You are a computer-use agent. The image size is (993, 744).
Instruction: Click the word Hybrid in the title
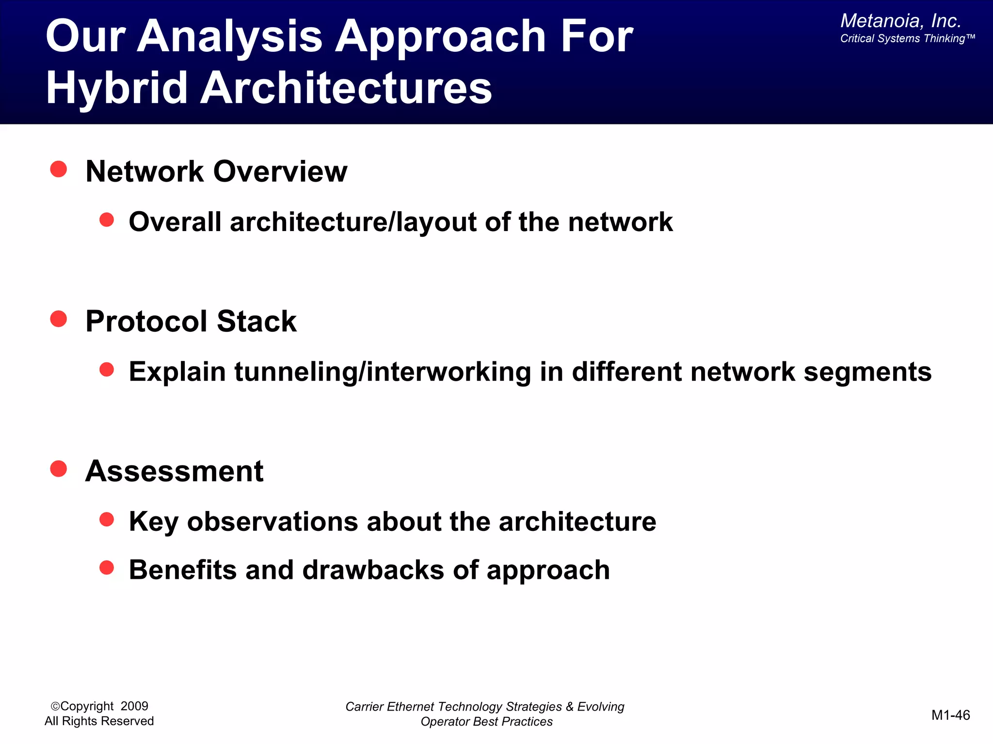[x=116, y=88]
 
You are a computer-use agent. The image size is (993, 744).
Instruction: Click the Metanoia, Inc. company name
[x=900, y=21]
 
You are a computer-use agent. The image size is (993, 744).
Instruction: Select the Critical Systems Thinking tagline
[x=907, y=39]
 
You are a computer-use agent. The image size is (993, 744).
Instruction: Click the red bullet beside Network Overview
[x=59, y=170]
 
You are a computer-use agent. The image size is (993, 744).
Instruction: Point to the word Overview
[x=280, y=171]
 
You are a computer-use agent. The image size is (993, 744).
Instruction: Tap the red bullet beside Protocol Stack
[x=59, y=319]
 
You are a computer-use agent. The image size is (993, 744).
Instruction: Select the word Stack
[x=256, y=321]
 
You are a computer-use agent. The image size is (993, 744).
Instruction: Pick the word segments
[x=867, y=372]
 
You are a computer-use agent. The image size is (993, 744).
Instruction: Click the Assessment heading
[x=174, y=471]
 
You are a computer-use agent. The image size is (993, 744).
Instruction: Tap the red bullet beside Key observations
[x=107, y=520]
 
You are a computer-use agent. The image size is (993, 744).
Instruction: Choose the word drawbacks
[x=373, y=570]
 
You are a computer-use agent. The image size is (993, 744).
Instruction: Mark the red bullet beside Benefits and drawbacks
[x=107, y=568]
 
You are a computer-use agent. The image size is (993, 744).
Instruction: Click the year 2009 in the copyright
[x=134, y=706]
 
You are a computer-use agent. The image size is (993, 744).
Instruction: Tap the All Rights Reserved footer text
[x=99, y=721]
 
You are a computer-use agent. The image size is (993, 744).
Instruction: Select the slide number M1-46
[x=950, y=715]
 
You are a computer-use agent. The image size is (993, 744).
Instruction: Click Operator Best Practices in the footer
[x=486, y=722]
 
